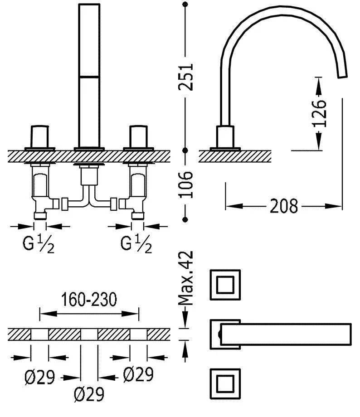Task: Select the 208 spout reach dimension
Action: [284, 206]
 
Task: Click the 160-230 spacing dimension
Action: [89, 299]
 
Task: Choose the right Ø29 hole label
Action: [138, 374]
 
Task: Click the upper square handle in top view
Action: [224, 285]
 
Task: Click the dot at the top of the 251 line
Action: [185, 5]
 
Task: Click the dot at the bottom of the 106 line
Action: [185, 219]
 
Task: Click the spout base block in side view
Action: [226, 136]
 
